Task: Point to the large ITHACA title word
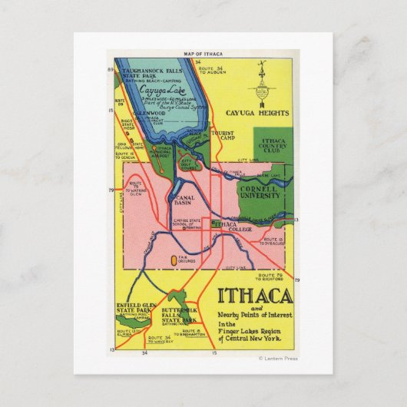pyautogui.click(x=255, y=296)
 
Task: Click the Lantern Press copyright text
pyautogui.click(x=277, y=358)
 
